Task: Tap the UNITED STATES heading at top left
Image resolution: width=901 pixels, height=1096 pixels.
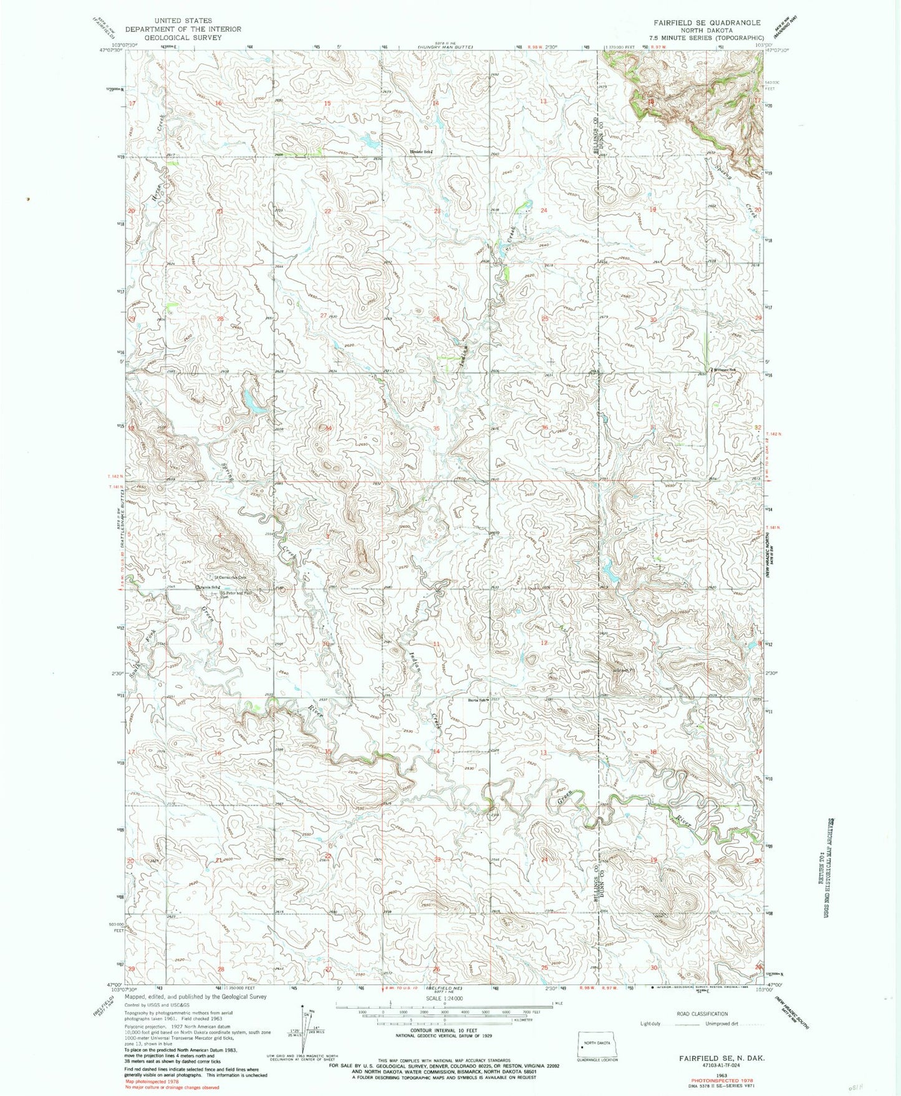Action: [182, 21]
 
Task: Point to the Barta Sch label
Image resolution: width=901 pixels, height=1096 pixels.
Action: [478, 699]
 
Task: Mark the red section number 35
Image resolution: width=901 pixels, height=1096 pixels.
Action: [436, 429]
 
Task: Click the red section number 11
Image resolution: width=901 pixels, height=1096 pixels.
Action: [436, 643]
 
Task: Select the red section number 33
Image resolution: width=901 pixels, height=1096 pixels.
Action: [219, 429]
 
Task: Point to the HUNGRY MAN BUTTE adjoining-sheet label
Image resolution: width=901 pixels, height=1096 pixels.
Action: [445, 47]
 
